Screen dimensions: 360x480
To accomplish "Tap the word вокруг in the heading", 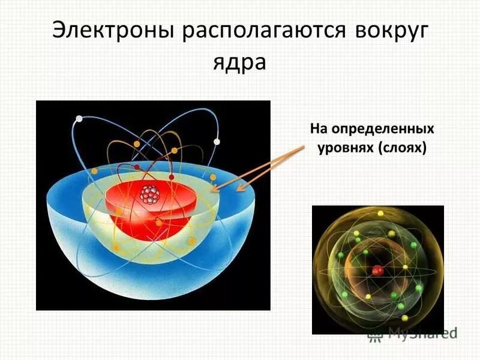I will (388, 31).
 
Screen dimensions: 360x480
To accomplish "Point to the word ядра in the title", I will (239, 62).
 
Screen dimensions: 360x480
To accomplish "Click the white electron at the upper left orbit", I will (78, 119).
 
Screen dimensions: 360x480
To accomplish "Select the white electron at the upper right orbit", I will (217, 142).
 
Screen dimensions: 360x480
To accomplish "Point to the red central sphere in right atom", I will (377, 271).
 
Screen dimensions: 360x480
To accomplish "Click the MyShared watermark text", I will (422, 333).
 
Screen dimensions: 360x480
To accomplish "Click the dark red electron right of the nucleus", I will (173, 178).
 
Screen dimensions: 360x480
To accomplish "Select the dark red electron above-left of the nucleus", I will (137, 167).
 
